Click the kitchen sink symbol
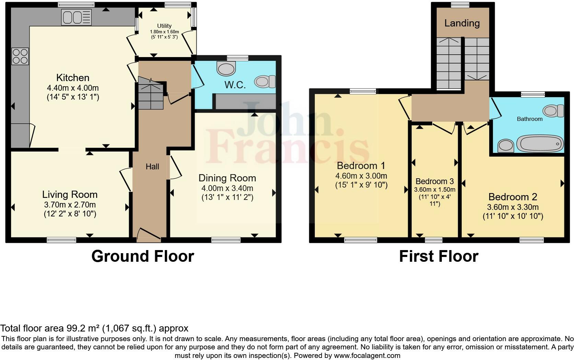(76, 17)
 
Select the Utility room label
(164, 26)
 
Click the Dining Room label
(227, 178)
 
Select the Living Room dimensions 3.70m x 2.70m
(70, 205)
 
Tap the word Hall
(152, 167)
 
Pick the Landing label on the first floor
(462, 23)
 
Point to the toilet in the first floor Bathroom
(553, 111)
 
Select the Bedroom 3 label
(435, 181)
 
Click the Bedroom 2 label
(513, 197)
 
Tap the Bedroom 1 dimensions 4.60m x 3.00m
(361, 176)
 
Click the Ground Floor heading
(143, 256)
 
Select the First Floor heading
(438, 256)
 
